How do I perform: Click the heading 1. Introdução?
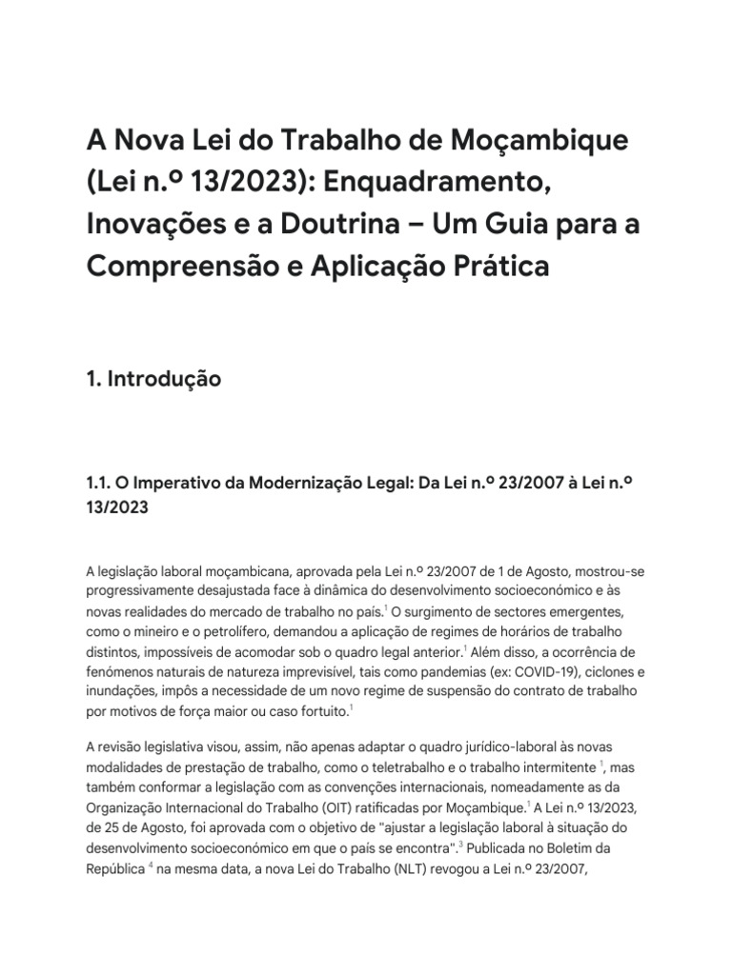[153, 379]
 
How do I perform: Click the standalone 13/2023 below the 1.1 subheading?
[117, 507]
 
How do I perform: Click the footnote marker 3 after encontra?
[460, 844]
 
